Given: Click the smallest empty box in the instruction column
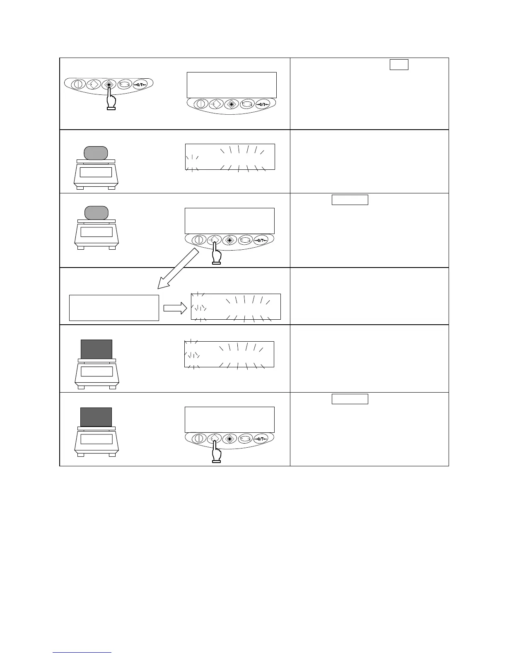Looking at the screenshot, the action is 399,65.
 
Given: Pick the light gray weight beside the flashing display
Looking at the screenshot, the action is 96,153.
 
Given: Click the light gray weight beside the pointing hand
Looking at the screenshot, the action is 96,213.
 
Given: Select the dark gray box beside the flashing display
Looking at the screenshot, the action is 96,349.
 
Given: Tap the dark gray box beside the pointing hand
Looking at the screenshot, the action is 96,417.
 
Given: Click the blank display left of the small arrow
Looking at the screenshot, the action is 114,308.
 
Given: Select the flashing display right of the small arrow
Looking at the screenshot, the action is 236,307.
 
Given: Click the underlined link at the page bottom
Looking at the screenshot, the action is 82,653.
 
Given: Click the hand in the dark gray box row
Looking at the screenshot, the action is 215,452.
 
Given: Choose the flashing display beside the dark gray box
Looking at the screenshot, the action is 229,354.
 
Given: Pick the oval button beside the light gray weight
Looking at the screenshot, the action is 246,240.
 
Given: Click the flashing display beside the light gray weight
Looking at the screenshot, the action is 230,157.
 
